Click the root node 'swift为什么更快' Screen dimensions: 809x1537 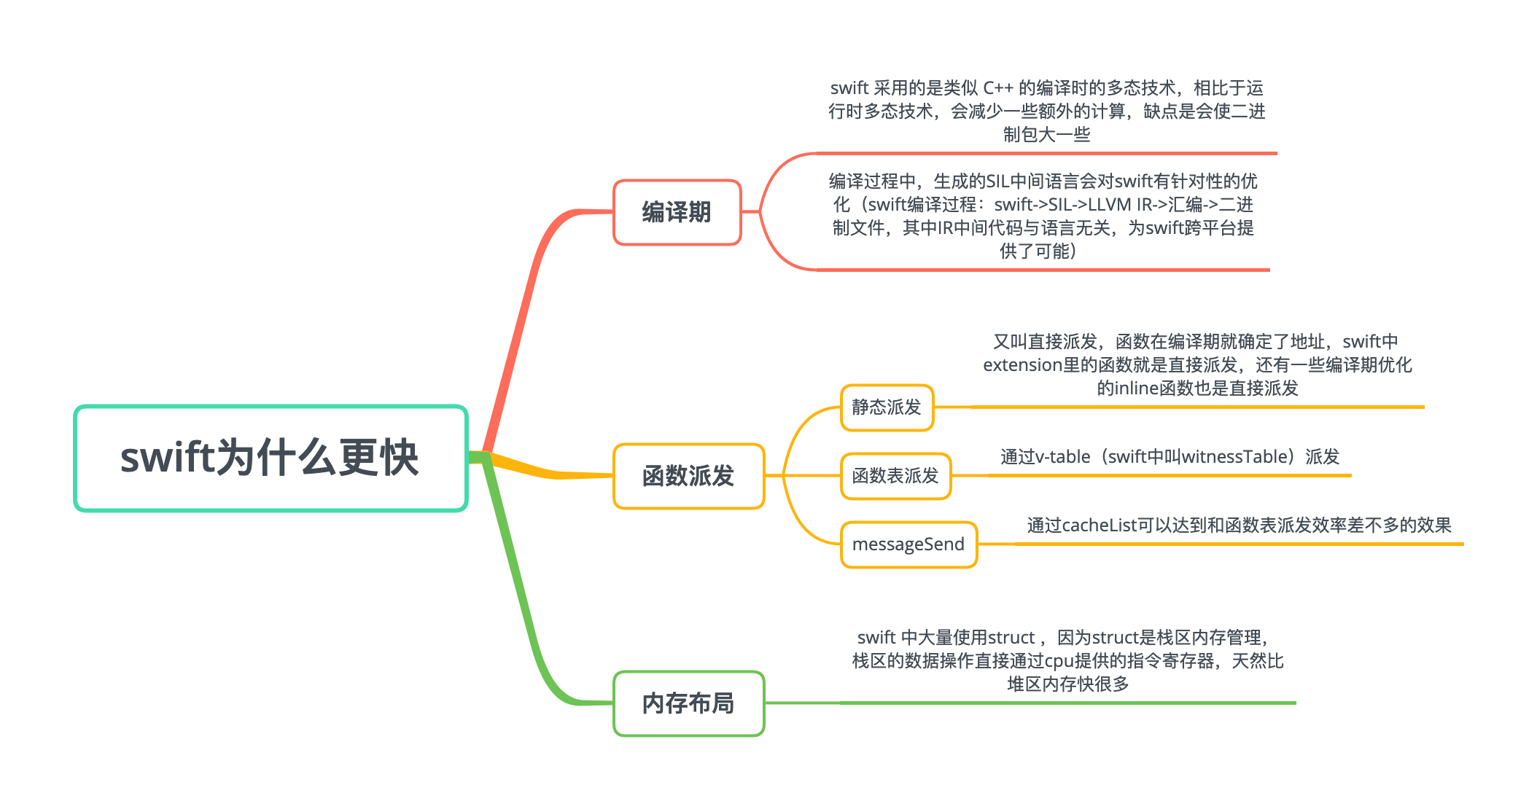(271, 458)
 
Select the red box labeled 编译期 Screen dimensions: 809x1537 (677, 212)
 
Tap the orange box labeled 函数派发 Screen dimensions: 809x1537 (688, 476)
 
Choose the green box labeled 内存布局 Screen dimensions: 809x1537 (688, 703)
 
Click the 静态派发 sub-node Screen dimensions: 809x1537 (887, 407)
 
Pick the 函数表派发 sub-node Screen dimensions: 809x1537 (895, 476)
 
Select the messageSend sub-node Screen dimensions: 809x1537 (908, 544)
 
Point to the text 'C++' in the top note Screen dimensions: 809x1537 (997, 88)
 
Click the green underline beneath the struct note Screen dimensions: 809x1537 (1065, 703)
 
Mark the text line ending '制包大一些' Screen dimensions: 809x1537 (1046, 135)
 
